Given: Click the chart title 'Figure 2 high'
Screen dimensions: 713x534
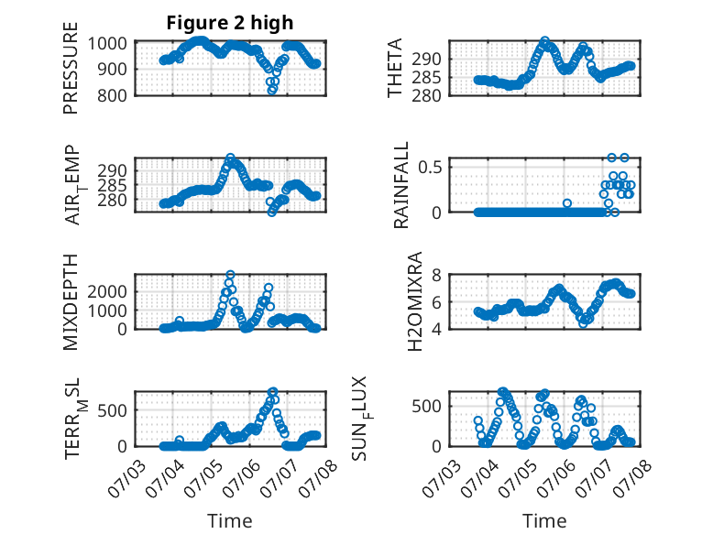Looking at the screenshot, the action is (230, 23).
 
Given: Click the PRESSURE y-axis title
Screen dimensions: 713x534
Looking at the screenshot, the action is (71, 68).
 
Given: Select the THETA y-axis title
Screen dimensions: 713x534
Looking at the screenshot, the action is (395, 68).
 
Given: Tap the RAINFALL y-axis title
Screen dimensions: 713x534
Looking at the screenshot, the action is (401, 185).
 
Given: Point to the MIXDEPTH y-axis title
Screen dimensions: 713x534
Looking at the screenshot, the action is (71, 302).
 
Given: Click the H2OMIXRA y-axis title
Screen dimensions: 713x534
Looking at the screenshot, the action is (415, 301).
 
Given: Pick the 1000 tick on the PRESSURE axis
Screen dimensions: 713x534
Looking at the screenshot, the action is (107, 44).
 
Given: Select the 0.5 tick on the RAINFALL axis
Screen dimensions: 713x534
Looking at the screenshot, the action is (430, 167).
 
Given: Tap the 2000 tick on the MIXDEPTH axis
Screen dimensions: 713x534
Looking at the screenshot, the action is (107, 291).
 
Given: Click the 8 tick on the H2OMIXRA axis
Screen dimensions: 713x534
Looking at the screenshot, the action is (436, 275).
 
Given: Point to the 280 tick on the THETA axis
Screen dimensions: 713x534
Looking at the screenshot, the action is (426, 96).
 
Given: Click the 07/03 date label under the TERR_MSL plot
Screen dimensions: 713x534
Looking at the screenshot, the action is (127, 478).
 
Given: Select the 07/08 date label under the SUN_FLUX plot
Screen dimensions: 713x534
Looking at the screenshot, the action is (632, 478).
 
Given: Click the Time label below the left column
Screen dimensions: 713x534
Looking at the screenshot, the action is (230, 520).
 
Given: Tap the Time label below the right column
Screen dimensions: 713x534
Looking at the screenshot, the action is (544, 520).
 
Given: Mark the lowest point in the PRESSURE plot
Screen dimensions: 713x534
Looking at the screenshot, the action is (272, 90).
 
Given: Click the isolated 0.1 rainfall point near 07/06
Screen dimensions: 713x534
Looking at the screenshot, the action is (567, 203).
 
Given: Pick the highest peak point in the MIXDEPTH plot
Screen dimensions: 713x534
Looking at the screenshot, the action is (231, 275).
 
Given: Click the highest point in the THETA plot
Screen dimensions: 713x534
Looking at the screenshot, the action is (544, 41).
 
